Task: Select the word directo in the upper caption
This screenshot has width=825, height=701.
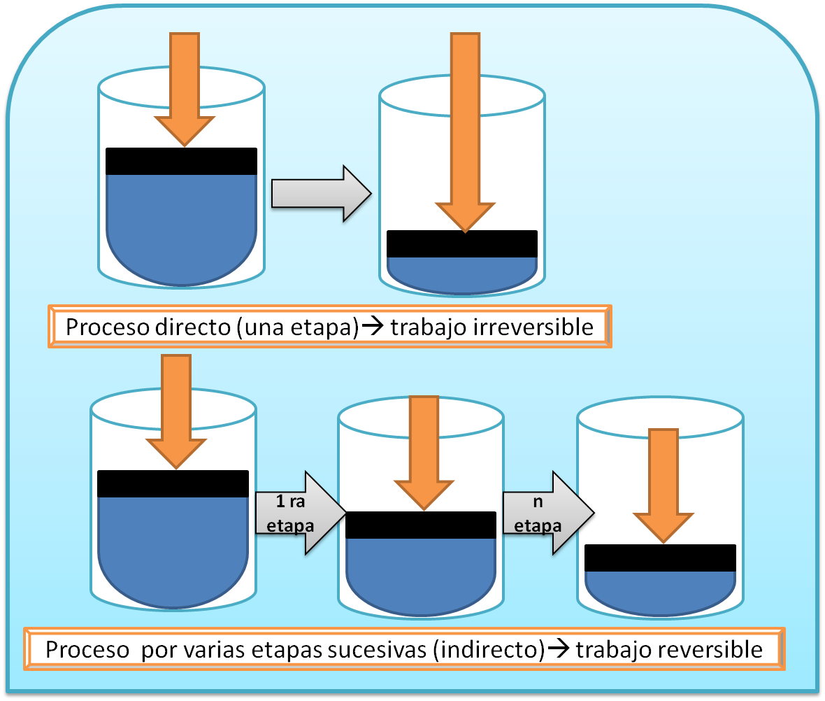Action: click(190, 327)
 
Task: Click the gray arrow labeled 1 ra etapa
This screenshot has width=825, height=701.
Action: click(297, 514)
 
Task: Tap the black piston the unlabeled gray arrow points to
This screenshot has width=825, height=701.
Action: click(462, 244)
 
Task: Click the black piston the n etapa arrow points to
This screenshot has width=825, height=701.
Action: click(660, 558)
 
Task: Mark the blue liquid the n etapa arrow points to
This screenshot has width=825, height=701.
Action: click(660, 588)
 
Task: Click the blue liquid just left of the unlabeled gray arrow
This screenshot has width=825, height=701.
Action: click(181, 224)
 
